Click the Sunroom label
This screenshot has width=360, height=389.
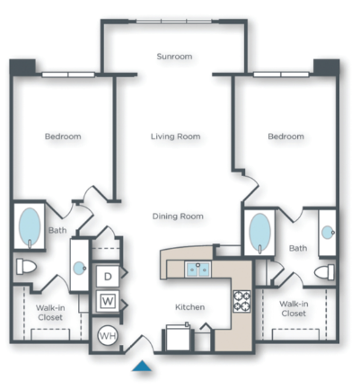[174, 57]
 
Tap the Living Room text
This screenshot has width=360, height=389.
[174, 137]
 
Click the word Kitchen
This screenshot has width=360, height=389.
[189, 307]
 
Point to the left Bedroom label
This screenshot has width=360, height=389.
[63, 137]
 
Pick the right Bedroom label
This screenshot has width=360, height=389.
[285, 137]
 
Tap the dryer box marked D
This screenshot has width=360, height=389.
[108, 276]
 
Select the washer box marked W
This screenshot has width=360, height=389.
[108, 299]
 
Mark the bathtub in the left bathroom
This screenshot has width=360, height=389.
[30, 227]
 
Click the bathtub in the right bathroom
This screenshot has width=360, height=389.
[259, 232]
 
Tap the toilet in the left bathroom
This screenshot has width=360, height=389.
[27, 267]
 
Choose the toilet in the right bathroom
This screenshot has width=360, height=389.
[324, 270]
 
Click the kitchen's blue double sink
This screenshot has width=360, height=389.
[198, 269]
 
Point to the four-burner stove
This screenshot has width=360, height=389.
[242, 300]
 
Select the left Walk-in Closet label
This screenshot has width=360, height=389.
[49, 312]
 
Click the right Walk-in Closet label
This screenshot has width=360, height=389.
[293, 308]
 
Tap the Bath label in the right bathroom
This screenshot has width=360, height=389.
[297, 248]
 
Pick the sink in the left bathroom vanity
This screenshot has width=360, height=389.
[80, 266]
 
